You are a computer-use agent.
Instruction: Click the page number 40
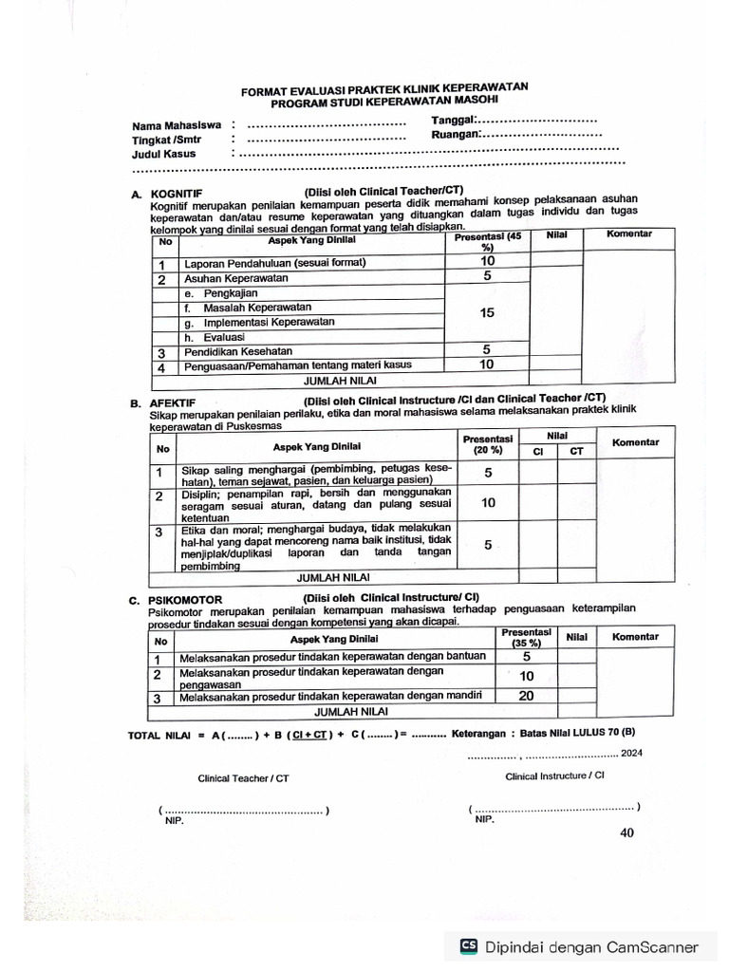626,833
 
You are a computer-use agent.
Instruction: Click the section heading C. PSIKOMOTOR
177,600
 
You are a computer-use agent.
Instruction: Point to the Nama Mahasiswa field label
178,125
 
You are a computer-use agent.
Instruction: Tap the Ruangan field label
454,135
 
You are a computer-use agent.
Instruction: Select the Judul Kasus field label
164,154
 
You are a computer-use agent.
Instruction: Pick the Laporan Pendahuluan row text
274,263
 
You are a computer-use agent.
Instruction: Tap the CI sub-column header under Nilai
537,452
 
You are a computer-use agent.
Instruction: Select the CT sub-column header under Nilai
576,452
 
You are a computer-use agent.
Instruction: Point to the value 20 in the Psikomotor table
526,696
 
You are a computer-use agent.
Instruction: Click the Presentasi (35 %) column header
526,637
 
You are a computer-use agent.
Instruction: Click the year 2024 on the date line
632,753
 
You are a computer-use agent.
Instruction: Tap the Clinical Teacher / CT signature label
243,778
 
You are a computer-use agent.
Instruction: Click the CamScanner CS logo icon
469,946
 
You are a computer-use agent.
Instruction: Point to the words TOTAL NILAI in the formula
159,736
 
